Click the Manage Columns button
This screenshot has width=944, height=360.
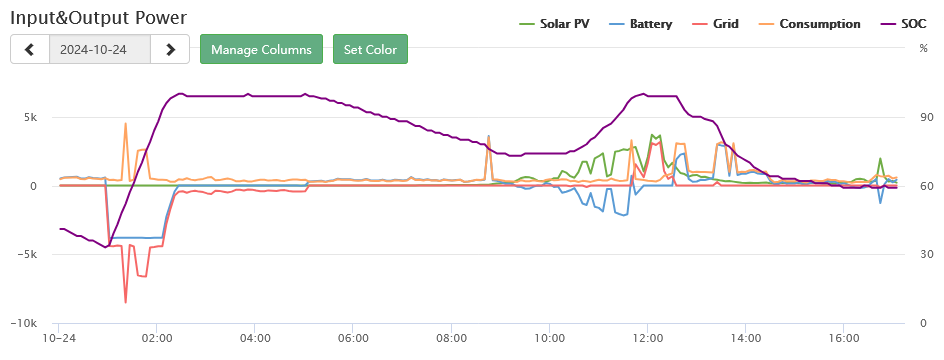261,49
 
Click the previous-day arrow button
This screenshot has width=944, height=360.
30,49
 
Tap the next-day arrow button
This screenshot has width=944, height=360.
170,49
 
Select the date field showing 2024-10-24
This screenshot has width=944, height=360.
100,49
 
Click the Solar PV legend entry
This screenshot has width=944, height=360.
554,24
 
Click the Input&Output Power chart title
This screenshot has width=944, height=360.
99,17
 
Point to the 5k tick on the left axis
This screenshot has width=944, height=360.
30,117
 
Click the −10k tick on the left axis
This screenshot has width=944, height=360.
23,323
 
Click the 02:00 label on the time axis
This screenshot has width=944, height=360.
157,340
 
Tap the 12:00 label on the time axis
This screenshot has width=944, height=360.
647,340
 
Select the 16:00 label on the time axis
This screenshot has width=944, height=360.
843,340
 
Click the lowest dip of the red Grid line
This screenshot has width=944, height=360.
126,302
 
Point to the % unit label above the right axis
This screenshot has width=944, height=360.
923,49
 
